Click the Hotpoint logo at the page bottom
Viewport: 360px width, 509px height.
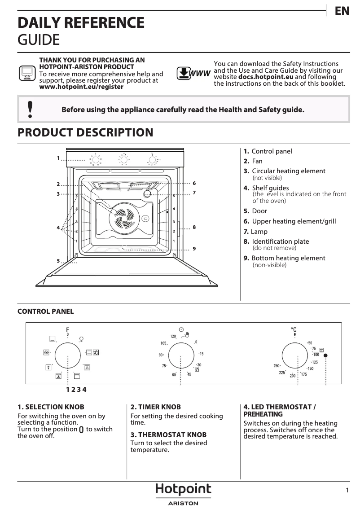[183, 490]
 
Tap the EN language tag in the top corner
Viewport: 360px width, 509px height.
[342, 11]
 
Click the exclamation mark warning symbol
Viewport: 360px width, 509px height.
[30, 109]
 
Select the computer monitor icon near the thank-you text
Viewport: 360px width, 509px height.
[27, 73]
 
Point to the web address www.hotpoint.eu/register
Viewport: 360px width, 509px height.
[81, 87]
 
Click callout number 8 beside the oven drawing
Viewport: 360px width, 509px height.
[194, 227]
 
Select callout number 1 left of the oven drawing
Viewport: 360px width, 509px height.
[58, 158]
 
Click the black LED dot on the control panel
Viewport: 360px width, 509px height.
[325, 355]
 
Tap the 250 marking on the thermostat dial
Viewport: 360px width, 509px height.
[277, 365]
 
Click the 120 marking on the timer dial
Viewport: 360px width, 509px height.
[173, 336]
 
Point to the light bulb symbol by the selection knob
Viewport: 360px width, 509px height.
[81, 338]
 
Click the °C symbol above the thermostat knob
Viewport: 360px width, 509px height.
[294, 330]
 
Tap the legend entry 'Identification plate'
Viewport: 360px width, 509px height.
[280, 241]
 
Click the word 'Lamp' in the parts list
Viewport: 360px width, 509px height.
[259, 232]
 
